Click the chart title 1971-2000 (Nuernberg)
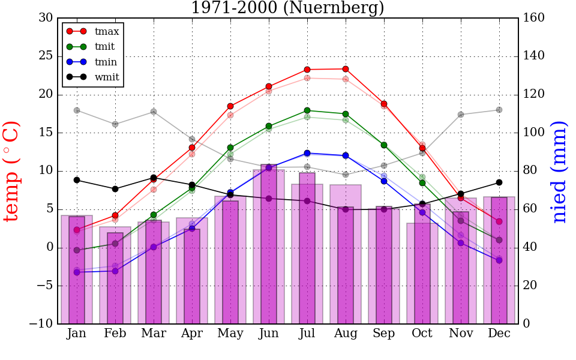click(x=287, y=8)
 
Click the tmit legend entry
click(x=104, y=46)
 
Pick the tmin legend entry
click(x=106, y=62)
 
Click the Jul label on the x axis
click(x=307, y=334)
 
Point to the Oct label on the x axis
click(x=422, y=334)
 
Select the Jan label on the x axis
click(x=77, y=334)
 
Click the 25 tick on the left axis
click(x=45, y=56)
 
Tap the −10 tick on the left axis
click(x=41, y=324)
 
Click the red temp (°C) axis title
click(x=12, y=171)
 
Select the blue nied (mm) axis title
click(x=559, y=171)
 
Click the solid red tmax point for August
click(x=346, y=69)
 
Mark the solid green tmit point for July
click(x=307, y=110)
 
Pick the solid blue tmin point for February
click(x=115, y=271)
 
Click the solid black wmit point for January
click(x=77, y=180)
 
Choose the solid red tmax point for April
click(x=192, y=148)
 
